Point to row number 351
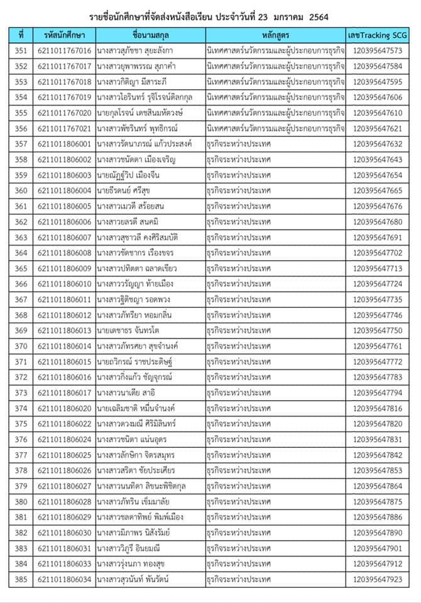pos(21,51)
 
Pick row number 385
pos(21,579)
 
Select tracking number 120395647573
pos(378,51)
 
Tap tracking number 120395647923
pos(378,579)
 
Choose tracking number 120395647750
pos(378,330)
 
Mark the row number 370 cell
pos(21,346)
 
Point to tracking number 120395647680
pos(378,222)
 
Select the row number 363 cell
pos(21,237)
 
